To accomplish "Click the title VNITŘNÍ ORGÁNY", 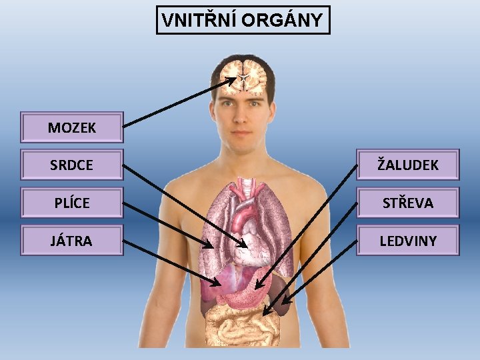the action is (x=243, y=20).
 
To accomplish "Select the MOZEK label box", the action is (x=72, y=127).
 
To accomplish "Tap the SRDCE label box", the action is (x=72, y=165).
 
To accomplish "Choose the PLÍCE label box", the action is (x=72, y=203).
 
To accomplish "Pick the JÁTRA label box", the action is (x=72, y=240).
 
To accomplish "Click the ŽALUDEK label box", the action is (x=408, y=165).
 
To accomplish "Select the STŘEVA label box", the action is (x=408, y=203).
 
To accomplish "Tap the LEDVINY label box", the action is (x=408, y=240).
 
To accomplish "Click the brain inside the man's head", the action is (x=244, y=77).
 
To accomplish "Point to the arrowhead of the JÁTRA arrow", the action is (x=217, y=285).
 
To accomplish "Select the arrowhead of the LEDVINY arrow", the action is (x=284, y=303).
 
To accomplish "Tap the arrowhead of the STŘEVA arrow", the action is (x=265, y=313).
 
